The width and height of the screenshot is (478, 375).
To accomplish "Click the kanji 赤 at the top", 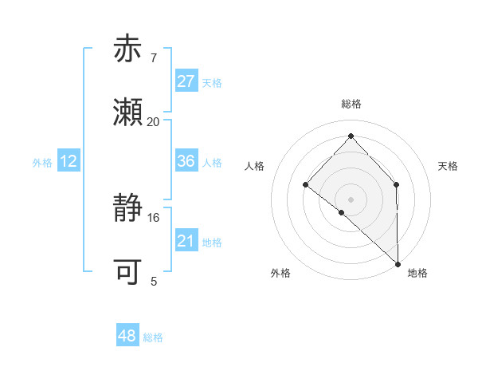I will pos(127,49).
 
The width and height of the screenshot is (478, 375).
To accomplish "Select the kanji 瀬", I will pos(127,112).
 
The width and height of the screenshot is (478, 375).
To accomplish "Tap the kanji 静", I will pos(127,209).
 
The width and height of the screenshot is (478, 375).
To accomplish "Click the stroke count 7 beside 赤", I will pos(154,58).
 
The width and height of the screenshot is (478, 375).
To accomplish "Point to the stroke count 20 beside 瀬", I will pos(154,122).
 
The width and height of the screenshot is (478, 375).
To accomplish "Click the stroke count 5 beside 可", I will pos(154,282).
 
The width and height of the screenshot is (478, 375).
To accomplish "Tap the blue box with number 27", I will pos(186,81).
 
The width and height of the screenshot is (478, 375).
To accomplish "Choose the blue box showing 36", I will pos(186,161).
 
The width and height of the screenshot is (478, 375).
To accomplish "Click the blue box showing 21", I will pos(186,241).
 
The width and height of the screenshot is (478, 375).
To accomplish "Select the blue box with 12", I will pos(69,161).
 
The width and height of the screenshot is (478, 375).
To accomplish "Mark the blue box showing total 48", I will pos(127,337).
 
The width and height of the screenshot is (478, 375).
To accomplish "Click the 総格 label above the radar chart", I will pos(351,104).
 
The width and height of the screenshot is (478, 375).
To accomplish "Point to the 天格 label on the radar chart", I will pos(448,166).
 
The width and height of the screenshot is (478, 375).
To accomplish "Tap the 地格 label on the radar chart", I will pos(417,273).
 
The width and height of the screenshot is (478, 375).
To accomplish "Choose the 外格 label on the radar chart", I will pos(280,273).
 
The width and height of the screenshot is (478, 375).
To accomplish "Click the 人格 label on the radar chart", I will pos(255,166).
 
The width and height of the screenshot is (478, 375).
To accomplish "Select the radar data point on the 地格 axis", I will pos(398,263).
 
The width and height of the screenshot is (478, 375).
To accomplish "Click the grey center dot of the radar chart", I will pos(351,199).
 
